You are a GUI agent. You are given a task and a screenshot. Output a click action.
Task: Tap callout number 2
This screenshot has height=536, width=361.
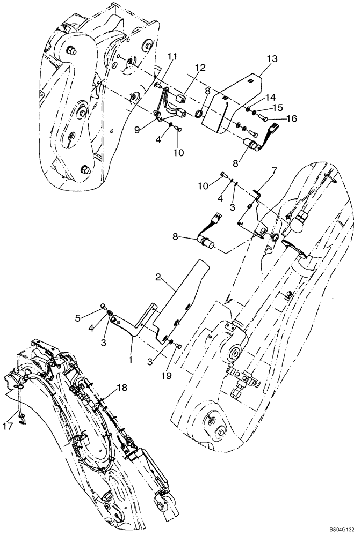pos(159,277)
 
